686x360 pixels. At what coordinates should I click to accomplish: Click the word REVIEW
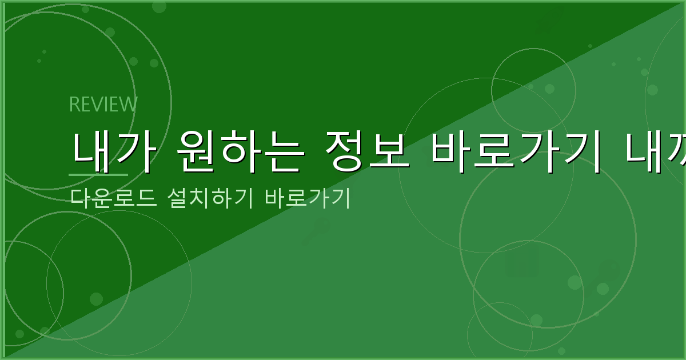tap(103, 105)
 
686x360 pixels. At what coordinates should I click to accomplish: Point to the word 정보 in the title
tap(358, 152)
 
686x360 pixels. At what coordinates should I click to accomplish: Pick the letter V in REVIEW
tap(97, 105)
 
